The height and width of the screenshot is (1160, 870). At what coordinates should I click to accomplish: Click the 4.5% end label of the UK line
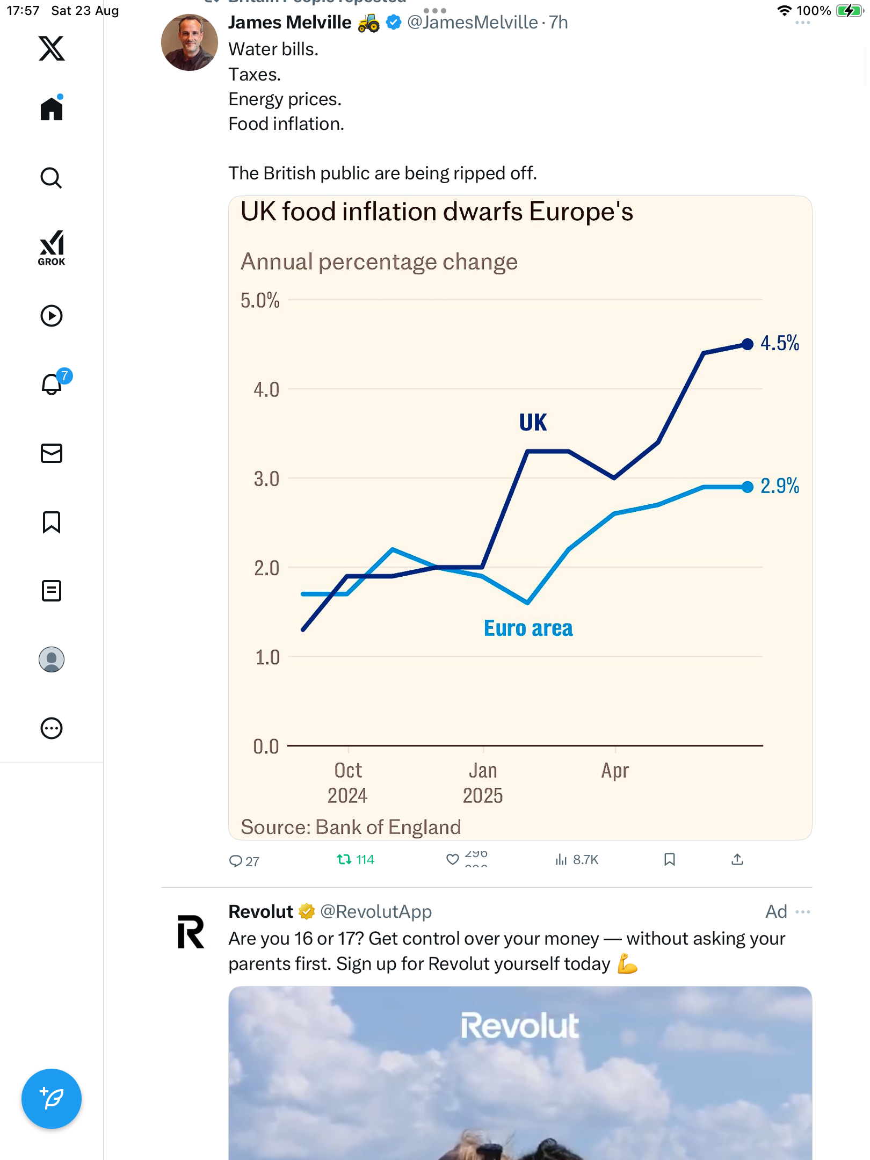tap(779, 343)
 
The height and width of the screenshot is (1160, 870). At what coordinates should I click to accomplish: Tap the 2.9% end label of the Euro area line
tap(779, 486)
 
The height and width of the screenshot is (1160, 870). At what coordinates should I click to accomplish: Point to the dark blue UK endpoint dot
tap(747, 344)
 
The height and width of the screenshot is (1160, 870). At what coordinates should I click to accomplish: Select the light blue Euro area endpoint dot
tap(747, 487)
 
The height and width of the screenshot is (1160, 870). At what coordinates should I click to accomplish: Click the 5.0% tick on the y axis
tap(260, 300)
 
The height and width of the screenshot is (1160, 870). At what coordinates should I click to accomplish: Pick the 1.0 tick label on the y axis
tap(267, 657)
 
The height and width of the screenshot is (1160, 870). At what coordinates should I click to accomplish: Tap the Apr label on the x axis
tap(615, 771)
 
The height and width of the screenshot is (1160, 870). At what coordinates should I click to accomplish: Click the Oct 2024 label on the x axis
tap(348, 783)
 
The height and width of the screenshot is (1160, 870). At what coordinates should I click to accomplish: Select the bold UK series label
tap(533, 423)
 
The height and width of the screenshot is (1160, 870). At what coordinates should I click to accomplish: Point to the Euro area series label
tap(528, 628)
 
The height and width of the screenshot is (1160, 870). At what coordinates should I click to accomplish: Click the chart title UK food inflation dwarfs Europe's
tap(437, 212)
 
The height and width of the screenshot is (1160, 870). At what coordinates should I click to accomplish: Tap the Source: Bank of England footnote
tap(351, 827)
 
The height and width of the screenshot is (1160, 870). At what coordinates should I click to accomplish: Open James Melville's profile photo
tap(190, 42)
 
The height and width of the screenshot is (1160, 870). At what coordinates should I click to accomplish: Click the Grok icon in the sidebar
tap(52, 248)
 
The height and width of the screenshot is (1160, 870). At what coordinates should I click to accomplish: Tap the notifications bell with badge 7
tap(52, 384)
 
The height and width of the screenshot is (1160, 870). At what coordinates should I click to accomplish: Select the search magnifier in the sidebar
tap(52, 178)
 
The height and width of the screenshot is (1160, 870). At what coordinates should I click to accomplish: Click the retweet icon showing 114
tap(344, 860)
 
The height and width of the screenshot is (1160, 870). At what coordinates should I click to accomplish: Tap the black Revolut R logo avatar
tap(191, 932)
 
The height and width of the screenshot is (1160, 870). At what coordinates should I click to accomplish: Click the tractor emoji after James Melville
tap(368, 23)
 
